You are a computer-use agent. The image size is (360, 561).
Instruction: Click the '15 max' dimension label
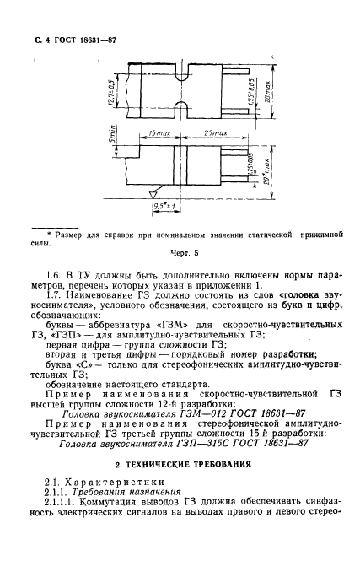tap(154, 134)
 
